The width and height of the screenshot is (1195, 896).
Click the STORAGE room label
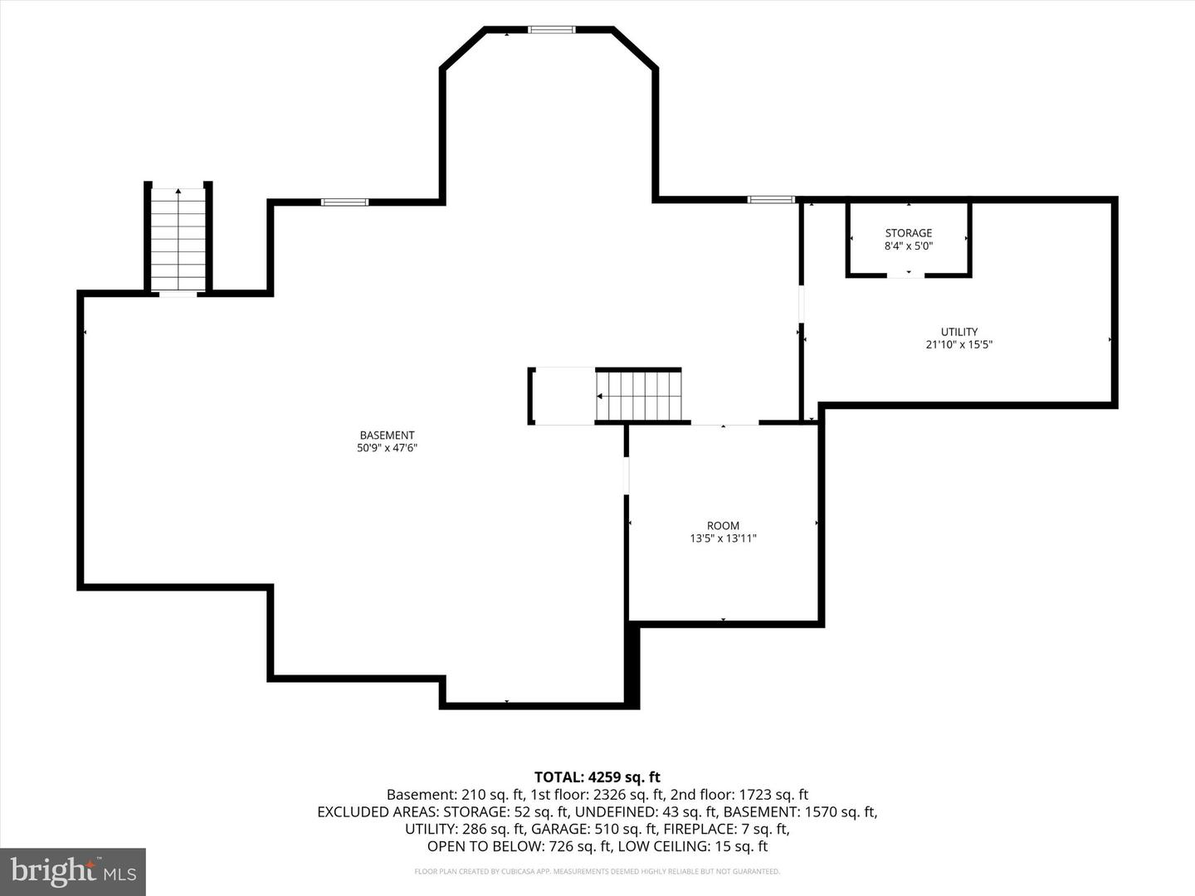[x=908, y=233]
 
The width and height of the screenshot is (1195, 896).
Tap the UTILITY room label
[x=959, y=332]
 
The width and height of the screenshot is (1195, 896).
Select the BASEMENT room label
[x=387, y=436]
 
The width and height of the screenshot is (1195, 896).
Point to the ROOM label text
[x=723, y=525]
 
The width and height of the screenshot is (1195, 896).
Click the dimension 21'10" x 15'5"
[x=959, y=344]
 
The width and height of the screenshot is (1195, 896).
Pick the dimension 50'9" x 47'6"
[x=387, y=448]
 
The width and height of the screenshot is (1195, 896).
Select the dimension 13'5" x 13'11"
[x=723, y=538]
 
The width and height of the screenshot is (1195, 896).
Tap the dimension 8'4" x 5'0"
[x=908, y=246]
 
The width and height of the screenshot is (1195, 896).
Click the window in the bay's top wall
[x=551, y=30]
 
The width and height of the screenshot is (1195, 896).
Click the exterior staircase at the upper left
[x=178, y=239]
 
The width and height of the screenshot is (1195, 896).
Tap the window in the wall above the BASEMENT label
[x=344, y=202]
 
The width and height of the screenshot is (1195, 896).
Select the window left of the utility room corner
[x=771, y=200]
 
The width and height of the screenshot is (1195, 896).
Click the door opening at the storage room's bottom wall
[x=905, y=275]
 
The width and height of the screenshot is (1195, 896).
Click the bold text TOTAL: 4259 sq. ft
[x=597, y=777]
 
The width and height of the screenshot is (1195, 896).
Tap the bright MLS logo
[x=73, y=871]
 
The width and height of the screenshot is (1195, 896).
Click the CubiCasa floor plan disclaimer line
[x=597, y=871]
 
